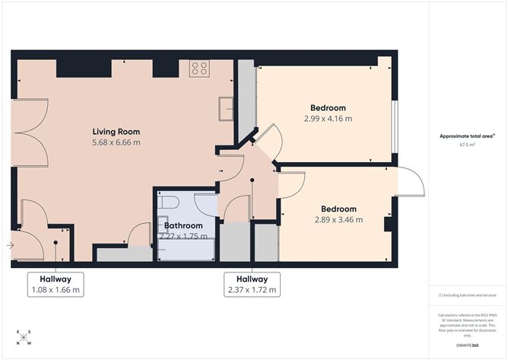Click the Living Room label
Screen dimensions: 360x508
[116, 131]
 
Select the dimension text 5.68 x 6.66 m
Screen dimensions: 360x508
[116, 142]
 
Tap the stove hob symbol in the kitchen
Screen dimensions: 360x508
[199, 69]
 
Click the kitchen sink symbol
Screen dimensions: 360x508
[225, 109]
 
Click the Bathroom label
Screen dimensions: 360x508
[183, 226]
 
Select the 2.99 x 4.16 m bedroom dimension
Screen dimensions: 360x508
[328, 118]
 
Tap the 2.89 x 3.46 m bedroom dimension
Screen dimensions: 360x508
[338, 220]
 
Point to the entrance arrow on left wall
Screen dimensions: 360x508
[8, 245]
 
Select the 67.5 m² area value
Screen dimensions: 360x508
[467, 144]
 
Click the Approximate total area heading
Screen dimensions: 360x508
[467, 135]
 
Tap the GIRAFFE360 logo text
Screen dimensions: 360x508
[467, 346]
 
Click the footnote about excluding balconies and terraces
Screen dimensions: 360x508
[467, 295]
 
